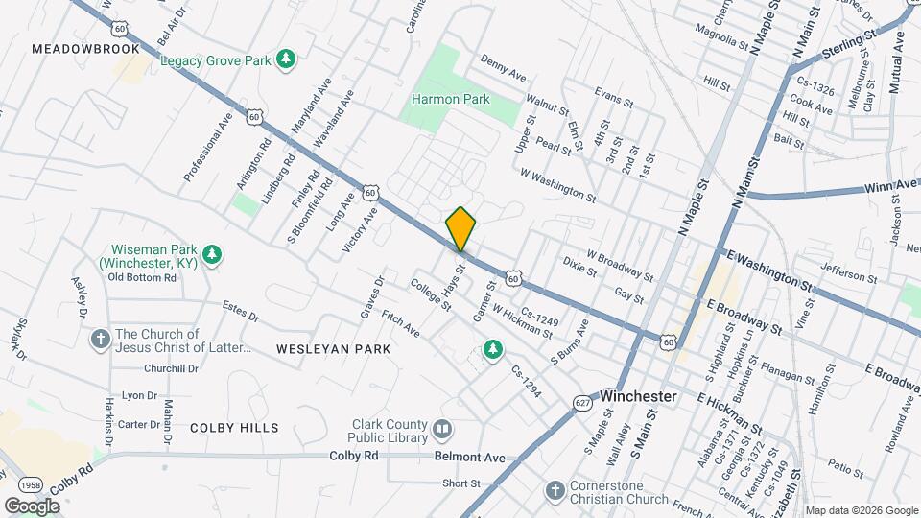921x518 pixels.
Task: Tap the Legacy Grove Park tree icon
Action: click(285, 60)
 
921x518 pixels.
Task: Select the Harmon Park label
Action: click(451, 99)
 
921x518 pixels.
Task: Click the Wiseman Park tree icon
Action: click(215, 256)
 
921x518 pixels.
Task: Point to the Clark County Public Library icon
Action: click(442, 428)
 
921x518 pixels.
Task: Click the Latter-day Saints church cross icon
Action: click(100, 339)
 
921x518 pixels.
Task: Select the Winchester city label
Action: click(639, 396)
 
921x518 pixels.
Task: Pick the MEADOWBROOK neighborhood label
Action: click(85, 48)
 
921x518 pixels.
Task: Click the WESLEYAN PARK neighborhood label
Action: click(333, 349)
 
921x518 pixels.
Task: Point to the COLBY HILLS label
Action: click(234, 428)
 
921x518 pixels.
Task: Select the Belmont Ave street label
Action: click(469, 458)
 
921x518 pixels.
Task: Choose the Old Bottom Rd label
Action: click(142, 277)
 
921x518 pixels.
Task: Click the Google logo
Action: click(33, 506)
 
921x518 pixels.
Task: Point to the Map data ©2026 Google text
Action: click(861, 510)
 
